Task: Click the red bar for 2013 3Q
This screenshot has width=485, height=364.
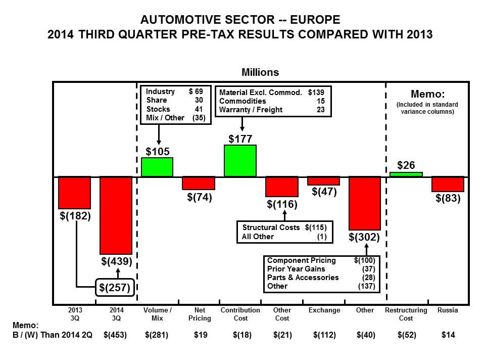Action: [x=75, y=193]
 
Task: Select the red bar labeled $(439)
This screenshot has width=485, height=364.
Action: [x=116, y=215]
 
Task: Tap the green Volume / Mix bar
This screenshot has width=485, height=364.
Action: [x=157, y=167]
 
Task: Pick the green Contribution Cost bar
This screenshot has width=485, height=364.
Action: [x=240, y=161]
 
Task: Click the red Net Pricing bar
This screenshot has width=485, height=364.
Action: [x=199, y=183]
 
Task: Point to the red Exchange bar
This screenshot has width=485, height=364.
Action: [x=323, y=181]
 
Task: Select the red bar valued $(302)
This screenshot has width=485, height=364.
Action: [x=365, y=203]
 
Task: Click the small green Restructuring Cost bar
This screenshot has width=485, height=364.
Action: [x=406, y=174]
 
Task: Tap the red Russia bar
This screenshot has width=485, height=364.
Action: [x=448, y=184]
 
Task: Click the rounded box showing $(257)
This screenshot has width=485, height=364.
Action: [x=115, y=288]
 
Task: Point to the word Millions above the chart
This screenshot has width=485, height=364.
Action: [x=260, y=72]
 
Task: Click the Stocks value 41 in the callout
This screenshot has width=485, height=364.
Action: [x=199, y=109]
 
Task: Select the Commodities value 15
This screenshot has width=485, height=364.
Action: [x=321, y=101]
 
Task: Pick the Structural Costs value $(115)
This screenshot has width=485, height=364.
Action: [x=316, y=227]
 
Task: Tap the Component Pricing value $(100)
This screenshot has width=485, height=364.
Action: [x=365, y=260]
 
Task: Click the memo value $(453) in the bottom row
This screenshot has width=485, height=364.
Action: [x=115, y=335]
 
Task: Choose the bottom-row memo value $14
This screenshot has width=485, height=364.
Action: [x=448, y=335]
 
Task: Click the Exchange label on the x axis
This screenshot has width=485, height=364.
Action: [x=324, y=310]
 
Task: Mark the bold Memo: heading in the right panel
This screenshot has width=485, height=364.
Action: [x=427, y=94]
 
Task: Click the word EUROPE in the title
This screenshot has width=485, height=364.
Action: [x=315, y=20]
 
